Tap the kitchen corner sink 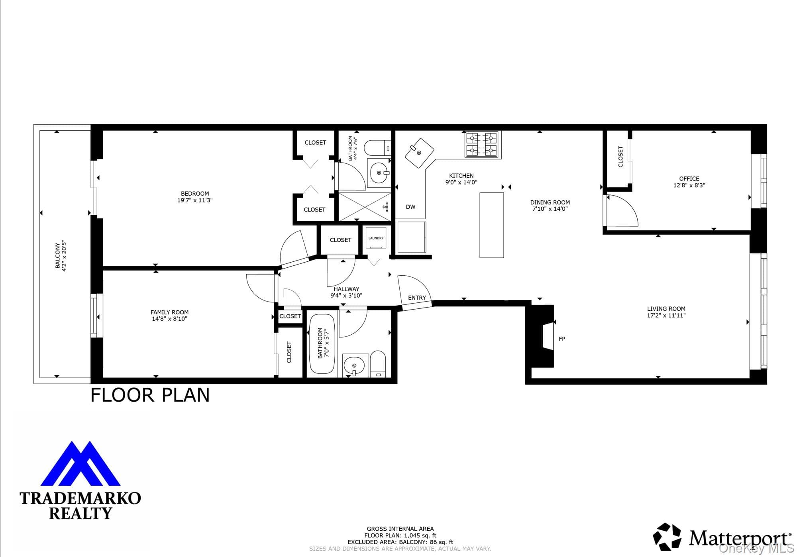pos(419,153)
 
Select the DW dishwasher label pos(410,207)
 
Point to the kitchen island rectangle pos(491,225)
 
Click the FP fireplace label pos(562,339)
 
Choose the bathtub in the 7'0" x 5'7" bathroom pos(322,344)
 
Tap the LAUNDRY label pos(376,238)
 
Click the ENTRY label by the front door pos(417,298)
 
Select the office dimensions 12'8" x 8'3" pos(689,185)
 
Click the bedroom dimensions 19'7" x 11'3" pos(195,200)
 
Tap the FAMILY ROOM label pos(169,312)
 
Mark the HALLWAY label pos(346,289)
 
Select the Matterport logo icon pos(667,536)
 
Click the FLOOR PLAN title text pos(150,395)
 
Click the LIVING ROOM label pos(666,309)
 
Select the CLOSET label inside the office pos(620,157)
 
